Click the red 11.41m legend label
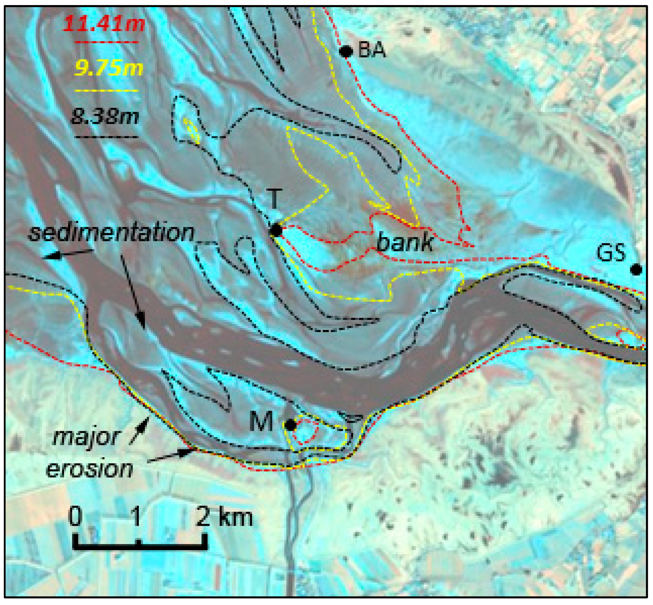[104, 24]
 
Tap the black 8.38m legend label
[105, 116]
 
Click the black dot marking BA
[346, 51]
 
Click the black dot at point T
[276, 230]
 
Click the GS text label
[611, 253]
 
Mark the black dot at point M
[290, 425]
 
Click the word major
[86, 437]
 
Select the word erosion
[89, 469]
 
